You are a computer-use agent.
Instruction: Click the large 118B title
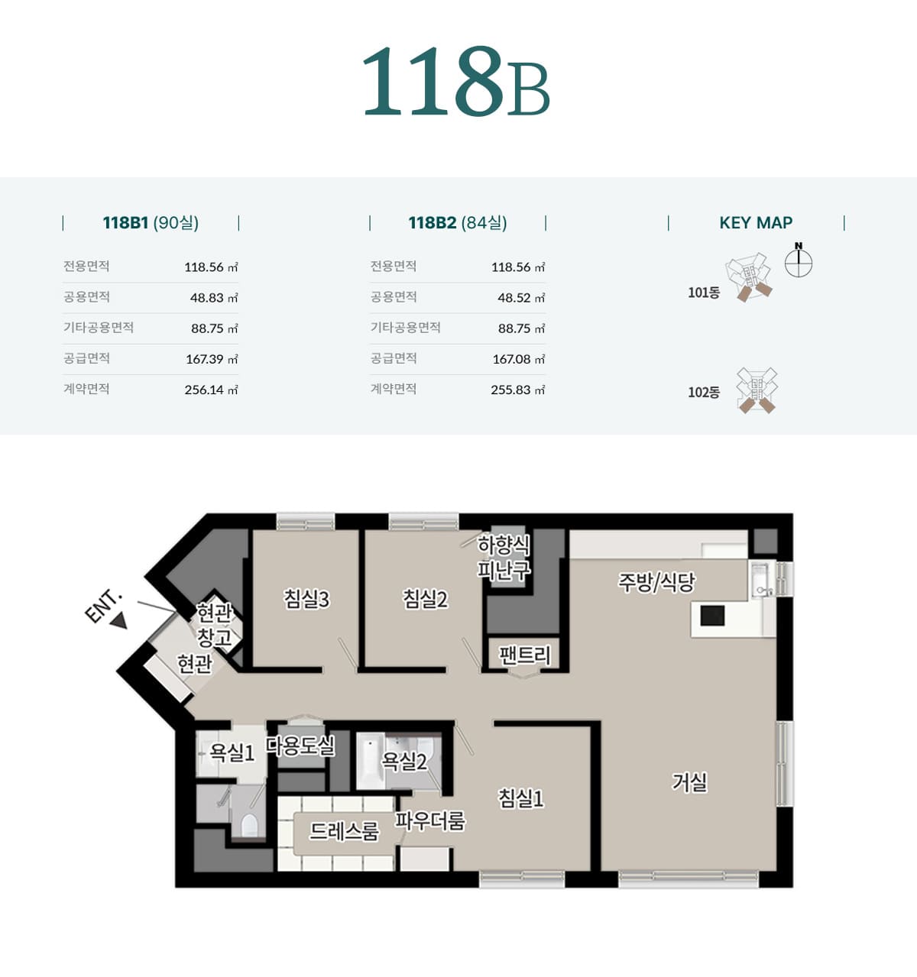[x=455, y=81]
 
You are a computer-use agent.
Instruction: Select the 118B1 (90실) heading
[x=151, y=223]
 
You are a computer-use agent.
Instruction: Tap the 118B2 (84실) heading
[x=458, y=223]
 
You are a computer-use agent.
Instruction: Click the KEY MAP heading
[x=756, y=223]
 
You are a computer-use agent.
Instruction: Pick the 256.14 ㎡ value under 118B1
[x=211, y=390]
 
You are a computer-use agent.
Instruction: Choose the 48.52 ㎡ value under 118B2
[x=521, y=298]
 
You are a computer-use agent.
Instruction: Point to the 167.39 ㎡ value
[x=212, y=360]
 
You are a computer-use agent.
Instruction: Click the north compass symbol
[x=799, y=260]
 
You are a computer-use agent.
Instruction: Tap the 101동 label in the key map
[x=704, y=293]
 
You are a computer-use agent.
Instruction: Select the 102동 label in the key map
[x=704, y=393]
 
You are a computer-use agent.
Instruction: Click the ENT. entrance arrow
[x=118, y=621]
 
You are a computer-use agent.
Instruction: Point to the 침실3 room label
[x=306, y=599]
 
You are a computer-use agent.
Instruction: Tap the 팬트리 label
[x=524, y=655]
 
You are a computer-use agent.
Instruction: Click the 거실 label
[x=689, y=782]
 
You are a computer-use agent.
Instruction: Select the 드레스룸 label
[x=344, y=831]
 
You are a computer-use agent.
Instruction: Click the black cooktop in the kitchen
[x=712, y=616]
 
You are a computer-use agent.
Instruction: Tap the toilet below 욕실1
[x=250, y=825]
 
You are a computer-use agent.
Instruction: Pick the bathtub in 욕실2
[x=370, y=762]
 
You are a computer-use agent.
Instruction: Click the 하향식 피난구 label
[x=504, y=558]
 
